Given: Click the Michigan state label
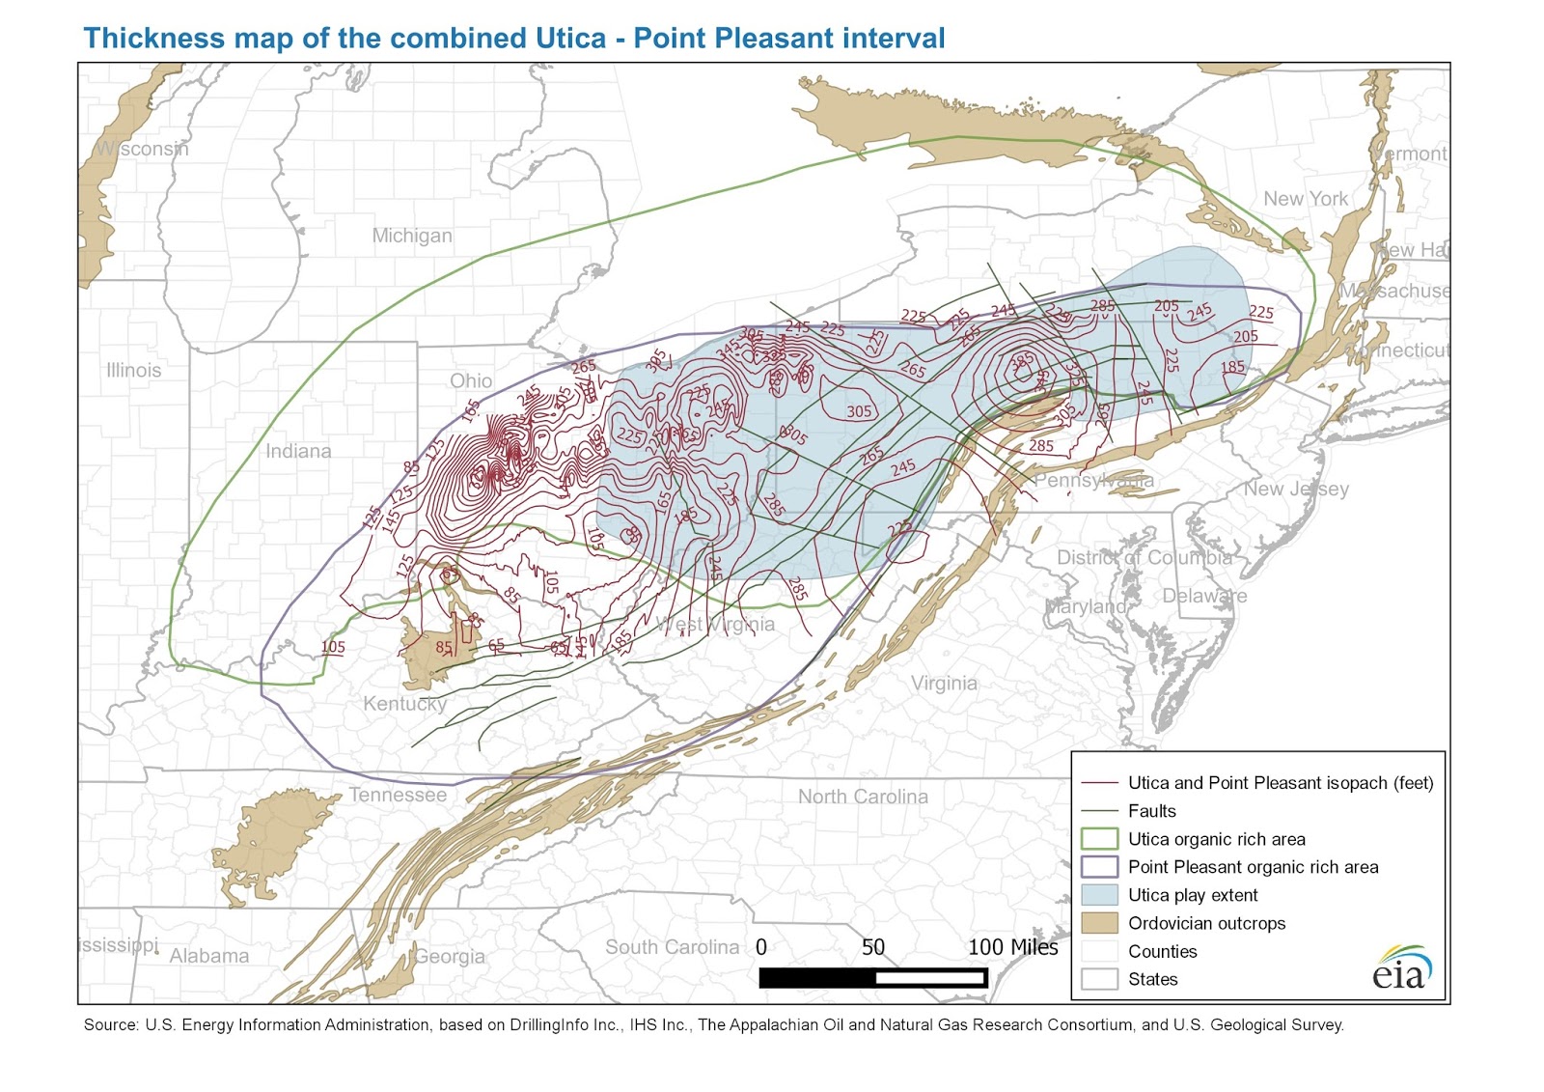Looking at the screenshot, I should [x=412, y=236].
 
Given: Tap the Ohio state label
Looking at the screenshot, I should [x=471, y=380].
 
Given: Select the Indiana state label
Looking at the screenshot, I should [x=298, y=451].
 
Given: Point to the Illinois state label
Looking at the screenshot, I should [x=134, y=370].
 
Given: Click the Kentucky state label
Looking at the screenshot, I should [x=404, y=703].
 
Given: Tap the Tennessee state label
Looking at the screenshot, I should [x=398, y=795].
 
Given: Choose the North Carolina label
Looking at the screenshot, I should [x=863, y=797].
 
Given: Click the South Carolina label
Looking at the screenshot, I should [x=672, y=947].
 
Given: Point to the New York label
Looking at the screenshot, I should [x=1306, y=199].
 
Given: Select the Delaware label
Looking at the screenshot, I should [x=1204, y=596].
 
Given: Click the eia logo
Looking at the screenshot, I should [x=1402, y=969].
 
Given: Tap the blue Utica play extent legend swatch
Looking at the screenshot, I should [x=1099, y=895].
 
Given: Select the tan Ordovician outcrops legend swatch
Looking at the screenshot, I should [x=1099, y=923].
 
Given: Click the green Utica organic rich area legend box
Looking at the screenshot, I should [x=1099, y=839].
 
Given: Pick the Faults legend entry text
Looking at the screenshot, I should [x=1152, y=811].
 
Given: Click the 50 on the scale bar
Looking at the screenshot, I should [x=873, y=947].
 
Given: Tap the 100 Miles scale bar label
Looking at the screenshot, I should [x=1013, y=947].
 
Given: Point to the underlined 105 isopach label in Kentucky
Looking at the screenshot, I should [x=333, y=647].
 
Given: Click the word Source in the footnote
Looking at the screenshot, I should [x=110, y=1025].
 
